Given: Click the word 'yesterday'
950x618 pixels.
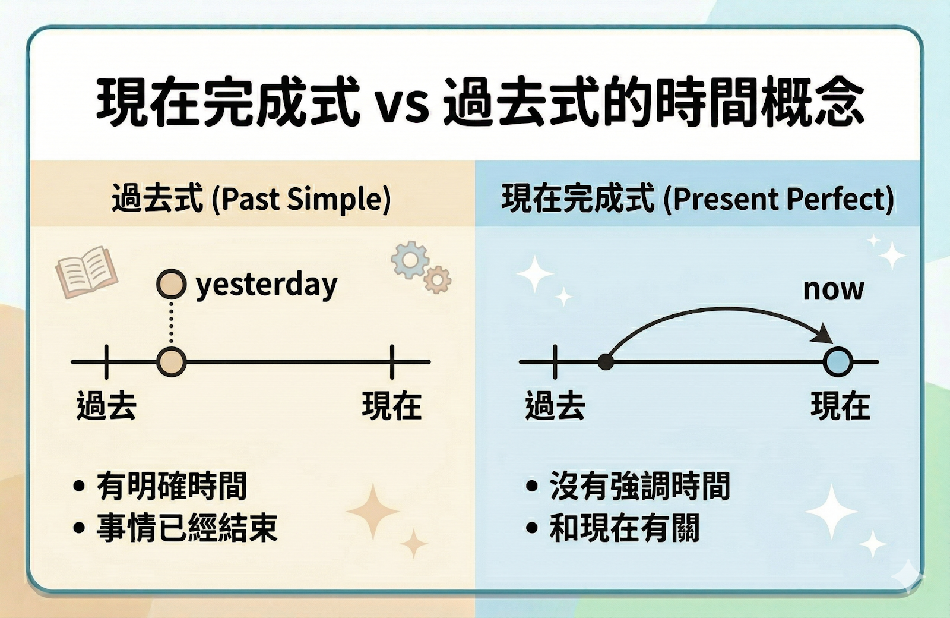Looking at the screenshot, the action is [x=267, y=285].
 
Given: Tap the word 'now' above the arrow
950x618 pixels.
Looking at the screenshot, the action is [x=834, y=290].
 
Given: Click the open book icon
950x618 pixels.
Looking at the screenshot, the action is [x=87, y=272].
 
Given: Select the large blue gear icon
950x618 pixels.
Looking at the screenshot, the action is [x=410, y=260].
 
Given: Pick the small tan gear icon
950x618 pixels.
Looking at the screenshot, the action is [x=437, y=280].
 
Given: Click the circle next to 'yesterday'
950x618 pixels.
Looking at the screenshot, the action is [x=172, y=284].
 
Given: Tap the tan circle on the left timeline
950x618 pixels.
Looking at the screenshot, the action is [x=172, y=362].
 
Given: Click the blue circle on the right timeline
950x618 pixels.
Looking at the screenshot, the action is [x=838, y=362].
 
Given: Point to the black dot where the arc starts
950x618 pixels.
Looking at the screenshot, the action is [x=606, y=362].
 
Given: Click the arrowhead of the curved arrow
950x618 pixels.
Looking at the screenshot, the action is [x=823, y=335].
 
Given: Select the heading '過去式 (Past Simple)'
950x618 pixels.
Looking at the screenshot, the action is [x=251, y=198].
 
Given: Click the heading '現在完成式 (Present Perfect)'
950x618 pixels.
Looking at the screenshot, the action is [x=698, y=198].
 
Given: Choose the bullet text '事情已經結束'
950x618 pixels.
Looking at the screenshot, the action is [x=186, y=528].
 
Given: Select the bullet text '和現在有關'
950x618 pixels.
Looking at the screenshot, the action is [x=624, y=528].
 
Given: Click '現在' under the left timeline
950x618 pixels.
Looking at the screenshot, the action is [x=392, y=406].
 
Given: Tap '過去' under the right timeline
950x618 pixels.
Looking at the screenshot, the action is [x=555, y=406].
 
